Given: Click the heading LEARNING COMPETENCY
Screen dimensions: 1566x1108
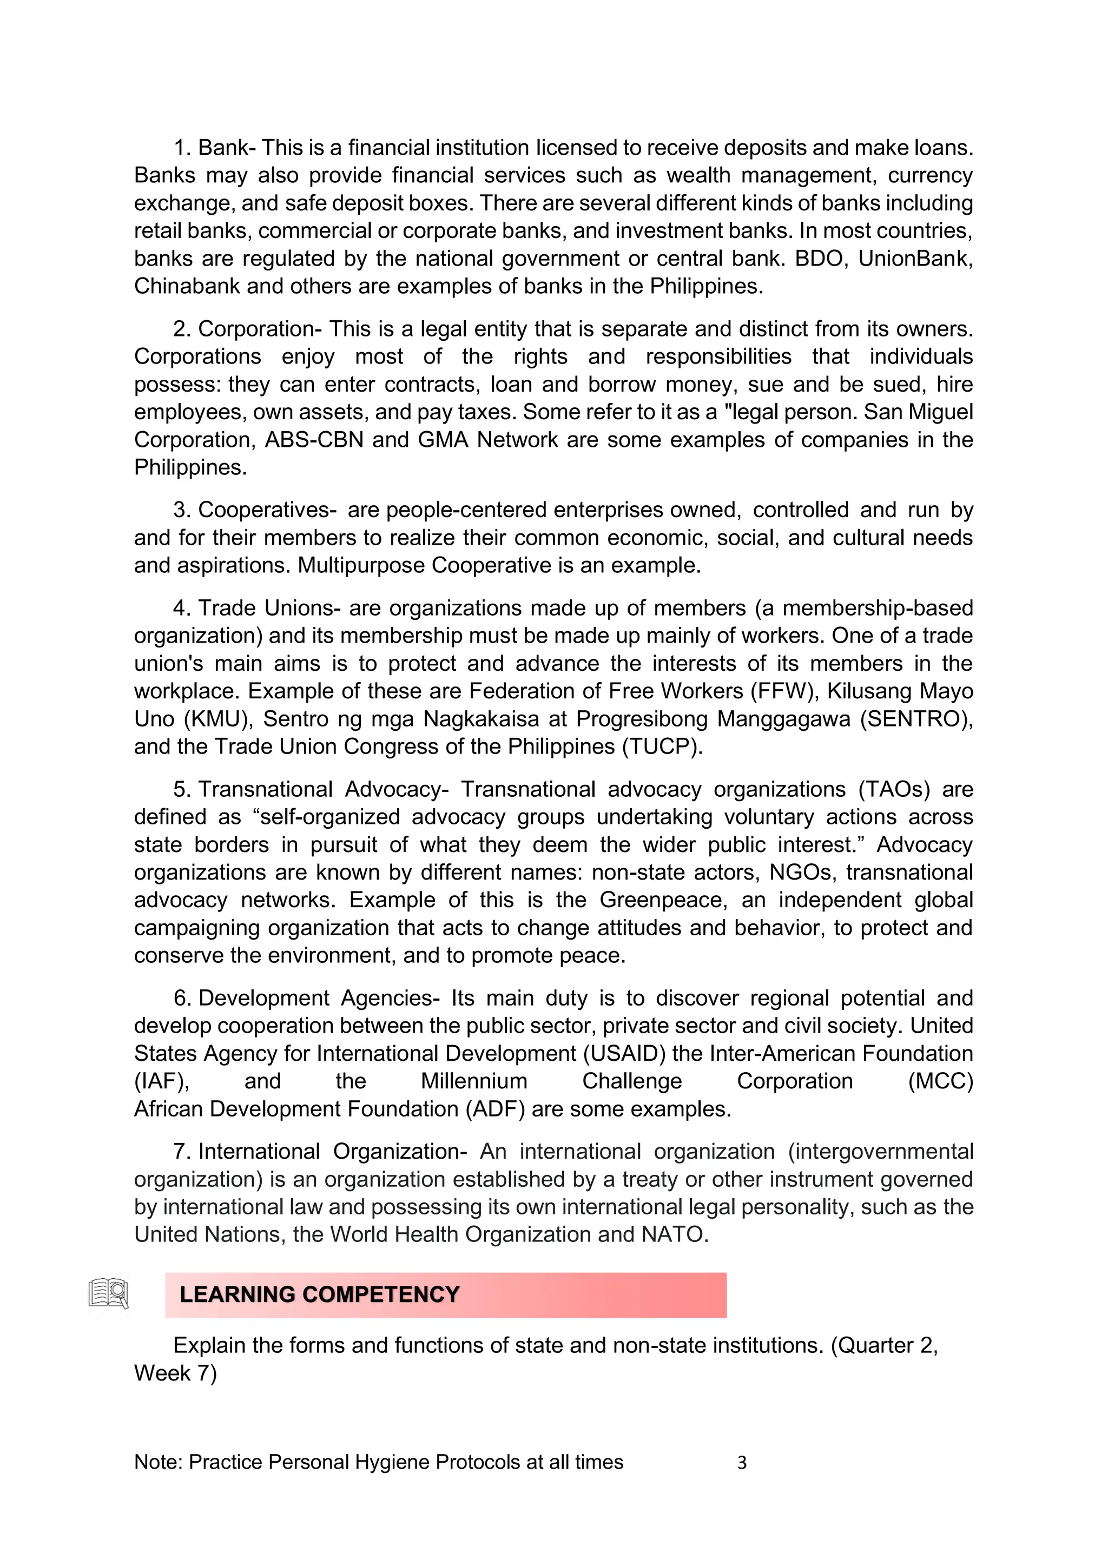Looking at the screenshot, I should click(x=319, y=1294).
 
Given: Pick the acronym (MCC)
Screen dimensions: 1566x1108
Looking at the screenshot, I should click(x=940, y=1081).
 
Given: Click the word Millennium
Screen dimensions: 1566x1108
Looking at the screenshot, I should click(x=473, y=1081).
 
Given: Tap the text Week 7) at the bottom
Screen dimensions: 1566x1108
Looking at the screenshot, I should click(x=175, y=1373).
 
